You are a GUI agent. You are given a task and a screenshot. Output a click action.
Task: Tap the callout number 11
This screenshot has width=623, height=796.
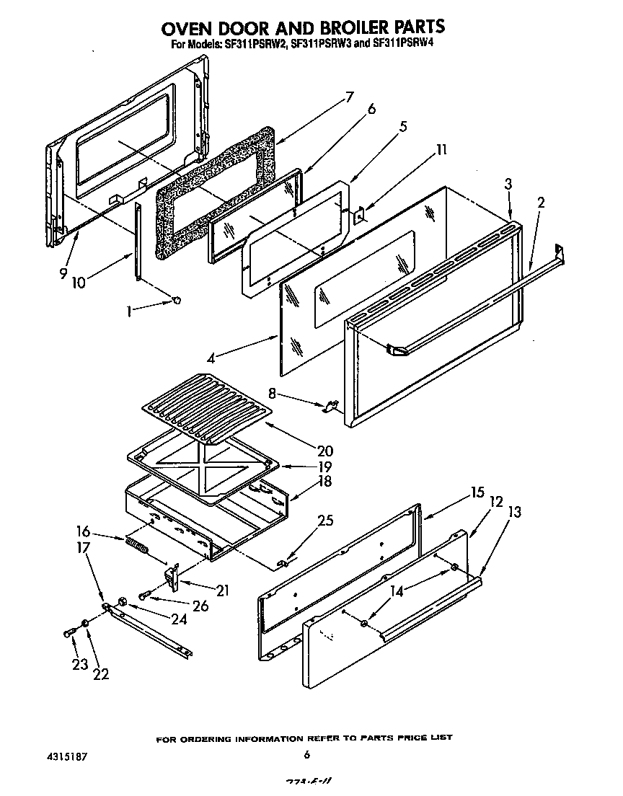pos(441,150)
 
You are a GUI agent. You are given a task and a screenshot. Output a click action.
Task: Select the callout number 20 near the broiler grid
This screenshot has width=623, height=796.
pos(324,450)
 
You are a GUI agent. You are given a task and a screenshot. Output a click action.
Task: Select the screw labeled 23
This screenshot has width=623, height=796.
pos(70,632)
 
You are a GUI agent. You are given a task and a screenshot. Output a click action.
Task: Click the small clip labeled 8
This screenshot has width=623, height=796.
pos(331,407)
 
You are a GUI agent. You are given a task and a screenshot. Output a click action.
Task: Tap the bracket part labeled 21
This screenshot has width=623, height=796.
pos(172,575)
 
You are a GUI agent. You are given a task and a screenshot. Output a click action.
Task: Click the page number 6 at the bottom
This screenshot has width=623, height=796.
pos(307,755)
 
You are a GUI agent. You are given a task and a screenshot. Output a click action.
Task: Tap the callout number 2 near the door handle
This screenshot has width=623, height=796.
pos(541,203)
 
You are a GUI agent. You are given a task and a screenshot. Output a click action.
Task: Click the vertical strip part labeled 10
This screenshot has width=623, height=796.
pos(137,242)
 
